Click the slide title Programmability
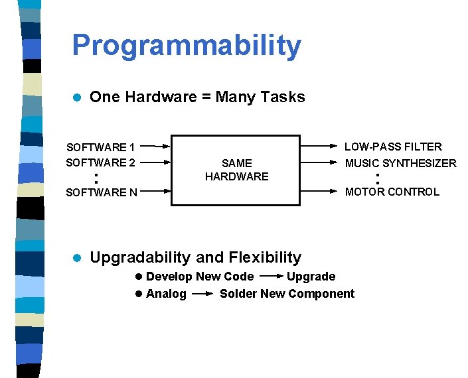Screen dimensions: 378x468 186,46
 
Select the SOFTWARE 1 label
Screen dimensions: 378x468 100,147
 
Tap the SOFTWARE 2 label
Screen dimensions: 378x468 100,162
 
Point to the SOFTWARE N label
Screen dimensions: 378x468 102,193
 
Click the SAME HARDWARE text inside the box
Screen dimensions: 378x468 236,170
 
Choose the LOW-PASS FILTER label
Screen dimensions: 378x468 392,147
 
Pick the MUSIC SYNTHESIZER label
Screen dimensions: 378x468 400,163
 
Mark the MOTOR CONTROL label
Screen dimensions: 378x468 392,192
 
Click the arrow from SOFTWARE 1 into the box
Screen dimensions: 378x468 156,146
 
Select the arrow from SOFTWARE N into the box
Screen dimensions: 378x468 156,192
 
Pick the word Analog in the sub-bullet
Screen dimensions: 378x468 166,294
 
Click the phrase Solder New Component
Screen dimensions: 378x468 287,294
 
